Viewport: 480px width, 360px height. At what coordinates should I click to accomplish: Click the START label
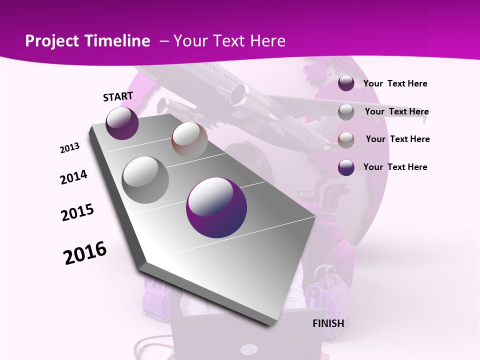tap(118, 96)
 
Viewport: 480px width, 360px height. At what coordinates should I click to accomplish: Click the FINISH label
tap(328, 323)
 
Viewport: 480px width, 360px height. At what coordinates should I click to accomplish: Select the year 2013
tap(69, 148)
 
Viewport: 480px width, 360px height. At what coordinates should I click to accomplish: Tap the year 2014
tap(73, 177)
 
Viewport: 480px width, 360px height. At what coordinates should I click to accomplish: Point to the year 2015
tap(77, 212)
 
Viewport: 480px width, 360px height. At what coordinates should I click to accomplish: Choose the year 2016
tap(85, 252)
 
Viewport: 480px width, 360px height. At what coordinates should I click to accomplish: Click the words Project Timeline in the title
tap(87, 41)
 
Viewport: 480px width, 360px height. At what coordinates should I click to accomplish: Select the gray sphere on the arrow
tap(145, 180)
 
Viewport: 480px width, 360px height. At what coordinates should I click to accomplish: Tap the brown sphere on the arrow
tap(189, 140)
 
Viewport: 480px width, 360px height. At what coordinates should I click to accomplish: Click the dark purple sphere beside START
tap(122, 123)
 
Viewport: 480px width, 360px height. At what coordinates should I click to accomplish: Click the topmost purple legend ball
tap(346, 83)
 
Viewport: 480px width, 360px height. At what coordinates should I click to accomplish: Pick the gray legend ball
tap(346, 112)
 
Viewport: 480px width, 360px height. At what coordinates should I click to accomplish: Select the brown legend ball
tap(346, 140)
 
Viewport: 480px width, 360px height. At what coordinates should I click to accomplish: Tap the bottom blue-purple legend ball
tap(346, 167)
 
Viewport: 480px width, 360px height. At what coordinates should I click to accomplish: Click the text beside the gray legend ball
tap(396, 111)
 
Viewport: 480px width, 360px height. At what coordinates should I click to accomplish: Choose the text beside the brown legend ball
tap(397, 139)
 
